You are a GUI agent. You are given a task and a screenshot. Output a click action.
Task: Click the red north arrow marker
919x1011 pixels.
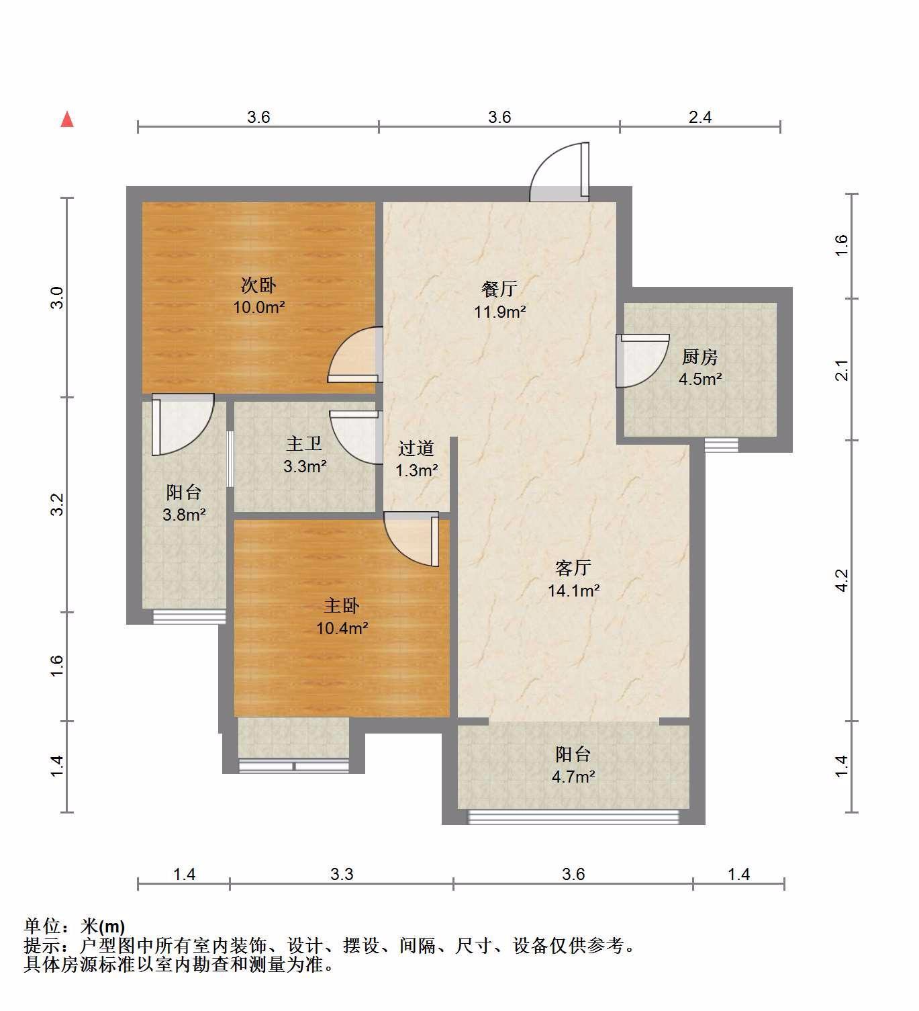67,120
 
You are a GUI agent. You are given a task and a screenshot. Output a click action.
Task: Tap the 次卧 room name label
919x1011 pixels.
258,285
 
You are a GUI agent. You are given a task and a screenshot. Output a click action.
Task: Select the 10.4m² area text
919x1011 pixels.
342,628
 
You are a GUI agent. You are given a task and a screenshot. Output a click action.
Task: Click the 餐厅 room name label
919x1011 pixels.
499,289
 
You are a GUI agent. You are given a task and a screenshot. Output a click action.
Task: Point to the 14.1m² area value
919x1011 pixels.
574,590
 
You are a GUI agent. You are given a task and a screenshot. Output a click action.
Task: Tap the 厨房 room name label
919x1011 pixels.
700,357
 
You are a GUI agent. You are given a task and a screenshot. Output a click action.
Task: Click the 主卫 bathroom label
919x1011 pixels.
304,444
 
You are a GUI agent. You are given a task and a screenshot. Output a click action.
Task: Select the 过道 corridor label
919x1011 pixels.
416,448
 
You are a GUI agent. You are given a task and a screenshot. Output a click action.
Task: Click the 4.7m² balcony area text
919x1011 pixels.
573,777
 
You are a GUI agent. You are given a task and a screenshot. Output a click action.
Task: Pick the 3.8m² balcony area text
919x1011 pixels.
184,515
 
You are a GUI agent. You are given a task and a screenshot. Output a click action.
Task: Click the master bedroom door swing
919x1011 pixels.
411,539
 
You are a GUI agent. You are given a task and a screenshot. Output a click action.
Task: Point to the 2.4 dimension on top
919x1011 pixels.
700,118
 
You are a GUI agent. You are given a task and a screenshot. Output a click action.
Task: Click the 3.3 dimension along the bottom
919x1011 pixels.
342,874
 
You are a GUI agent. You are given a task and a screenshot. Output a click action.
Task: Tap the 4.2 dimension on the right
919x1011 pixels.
842,580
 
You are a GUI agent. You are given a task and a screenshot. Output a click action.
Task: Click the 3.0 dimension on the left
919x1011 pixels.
57,298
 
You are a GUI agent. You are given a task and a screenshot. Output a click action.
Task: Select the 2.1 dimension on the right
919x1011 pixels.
842,370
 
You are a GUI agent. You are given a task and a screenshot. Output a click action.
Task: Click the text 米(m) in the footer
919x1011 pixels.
103,926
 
